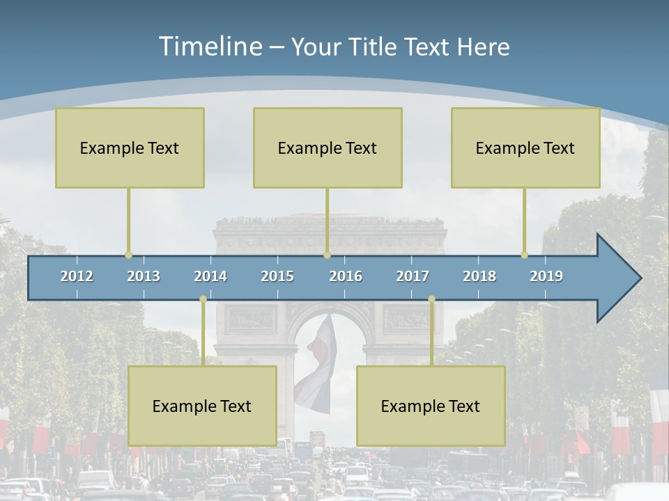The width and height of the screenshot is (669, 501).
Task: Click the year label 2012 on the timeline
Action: click(77, 276)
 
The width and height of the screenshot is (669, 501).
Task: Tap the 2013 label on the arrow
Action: click(144, 276)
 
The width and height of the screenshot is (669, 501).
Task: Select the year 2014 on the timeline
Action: click(210, 276)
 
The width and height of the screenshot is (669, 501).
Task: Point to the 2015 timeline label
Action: click(277, 276)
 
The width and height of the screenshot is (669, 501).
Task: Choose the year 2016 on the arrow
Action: click(346, 276)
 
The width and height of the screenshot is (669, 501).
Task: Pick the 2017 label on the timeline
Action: click(413, 276)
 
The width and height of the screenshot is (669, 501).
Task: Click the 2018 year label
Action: click(479, 276)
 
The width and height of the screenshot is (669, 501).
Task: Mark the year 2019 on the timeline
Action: click(546, 276)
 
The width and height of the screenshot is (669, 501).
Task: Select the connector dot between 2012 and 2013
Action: click(128, 255)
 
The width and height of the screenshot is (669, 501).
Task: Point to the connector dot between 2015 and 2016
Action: click(327, 255)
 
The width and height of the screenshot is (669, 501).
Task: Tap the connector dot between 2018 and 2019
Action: click(525, 255)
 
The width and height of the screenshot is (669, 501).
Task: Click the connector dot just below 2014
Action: click(203, 299)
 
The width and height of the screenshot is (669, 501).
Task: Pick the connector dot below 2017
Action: click(431, 299)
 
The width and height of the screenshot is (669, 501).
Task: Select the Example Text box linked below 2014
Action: click(202, 406)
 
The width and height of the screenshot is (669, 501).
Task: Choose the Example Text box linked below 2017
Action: click(431, 406)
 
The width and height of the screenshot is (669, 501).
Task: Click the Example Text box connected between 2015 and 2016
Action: click(328, 148)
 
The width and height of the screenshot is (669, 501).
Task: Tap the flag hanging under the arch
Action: click(317, 365)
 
